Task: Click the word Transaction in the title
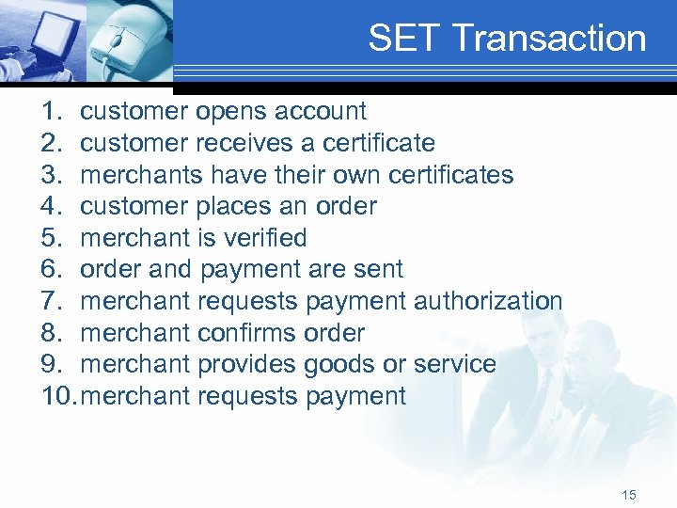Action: [549, 39]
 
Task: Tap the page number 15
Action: [629, 495]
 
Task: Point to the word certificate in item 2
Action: [378, 143]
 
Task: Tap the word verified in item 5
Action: [261, 238]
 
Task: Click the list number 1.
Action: [52, 112]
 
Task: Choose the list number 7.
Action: [52, 301]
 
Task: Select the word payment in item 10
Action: [356, 396]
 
